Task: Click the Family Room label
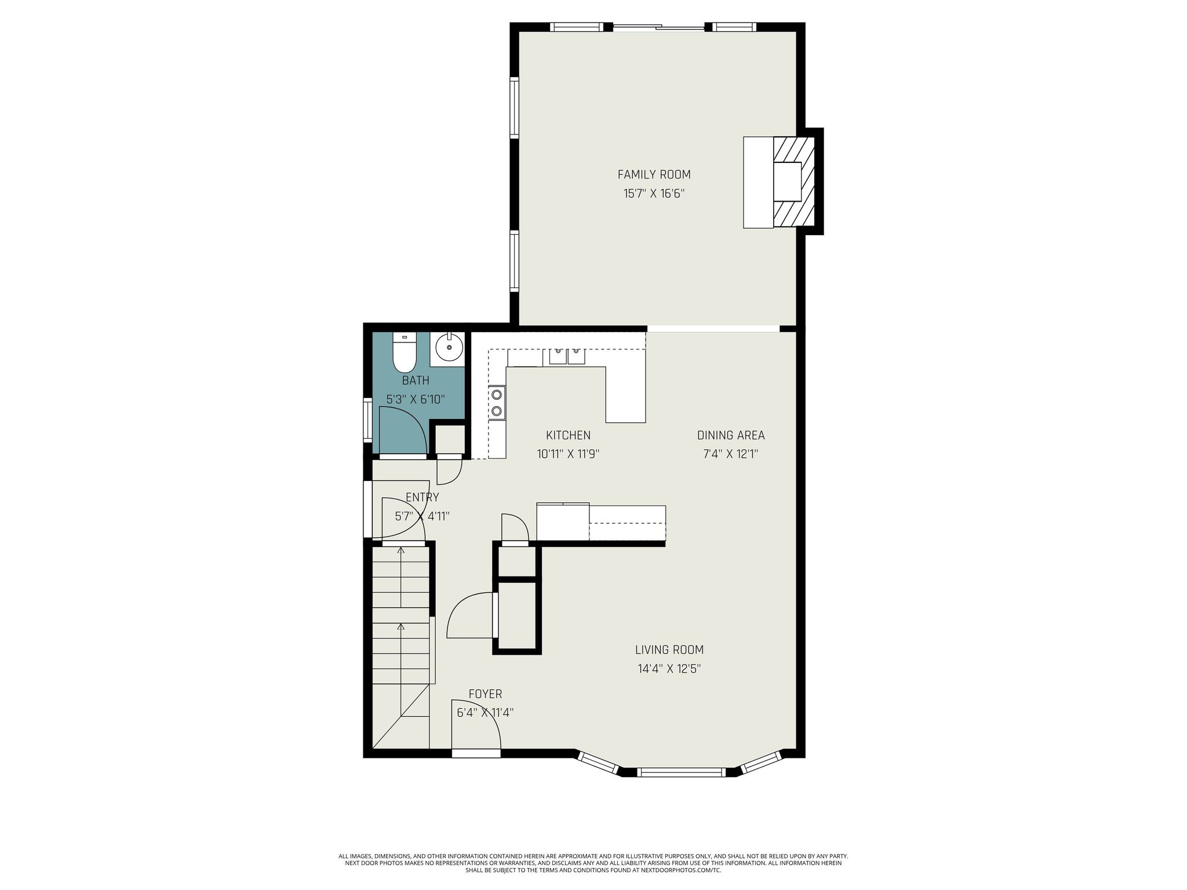click(x=654, y=174)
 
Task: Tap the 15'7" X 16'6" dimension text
click(x=654, y=194)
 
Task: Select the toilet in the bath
click(x=404, y=352)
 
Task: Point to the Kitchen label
click(x=568, y=435)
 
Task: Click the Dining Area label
click(x=731, y=435)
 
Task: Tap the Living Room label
click(x=669, y=650)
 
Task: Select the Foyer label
click(x=485, y=694)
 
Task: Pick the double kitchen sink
click(x=567, y=355)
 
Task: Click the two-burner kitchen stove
click(x=497, y=403)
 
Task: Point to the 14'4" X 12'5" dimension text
click(x=669, y=669)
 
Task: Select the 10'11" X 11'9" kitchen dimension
click(x=568, y=454)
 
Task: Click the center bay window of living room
click(x=681, y=772)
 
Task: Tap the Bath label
click(x=416, y=381)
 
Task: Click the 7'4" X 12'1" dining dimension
click(x=731, y=454)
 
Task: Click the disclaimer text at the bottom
click(x=593, y=863)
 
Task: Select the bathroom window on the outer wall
click(x=367, y=419)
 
